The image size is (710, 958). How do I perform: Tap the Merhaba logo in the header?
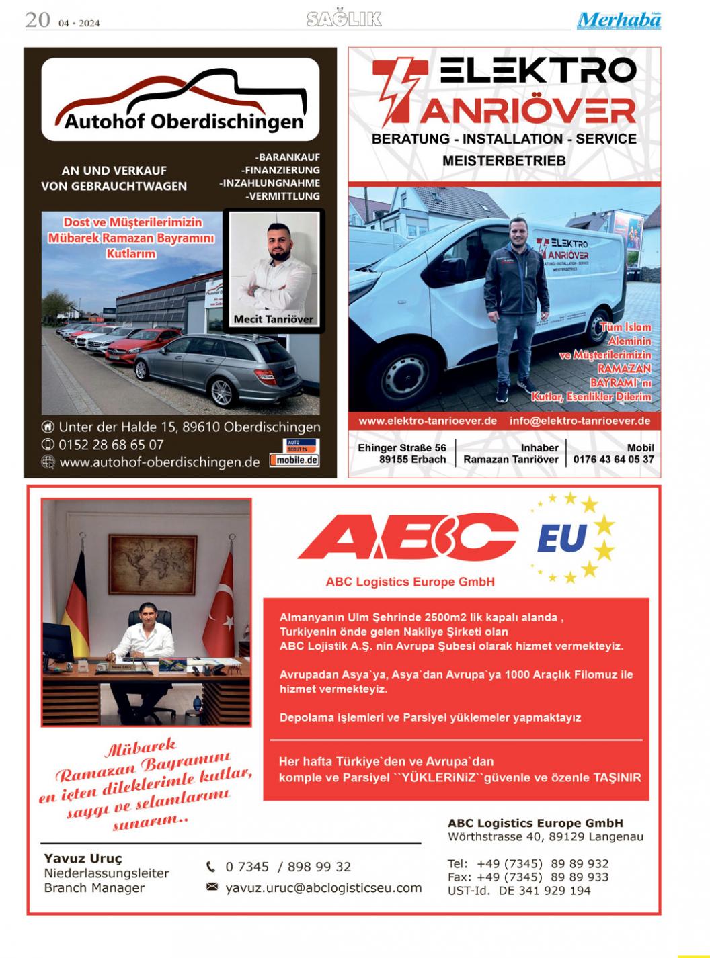point(618,21)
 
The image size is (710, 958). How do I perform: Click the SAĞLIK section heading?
point(344,19)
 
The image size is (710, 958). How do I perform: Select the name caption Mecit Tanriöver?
point(273,319)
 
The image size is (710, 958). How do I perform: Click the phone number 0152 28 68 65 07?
point(111,445)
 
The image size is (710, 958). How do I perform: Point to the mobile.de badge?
point(294,460)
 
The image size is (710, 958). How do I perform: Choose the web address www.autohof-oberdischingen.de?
point(159,462)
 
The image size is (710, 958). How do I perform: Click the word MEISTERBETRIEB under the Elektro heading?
point(504,161)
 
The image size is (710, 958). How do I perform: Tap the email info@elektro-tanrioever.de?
point(580,421)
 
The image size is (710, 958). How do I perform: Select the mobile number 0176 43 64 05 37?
point(613,460)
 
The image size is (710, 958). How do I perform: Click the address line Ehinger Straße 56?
point(402,447)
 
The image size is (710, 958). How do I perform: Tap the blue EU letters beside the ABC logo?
point(562,538)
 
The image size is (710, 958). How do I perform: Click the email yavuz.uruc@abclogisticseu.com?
point(323,888)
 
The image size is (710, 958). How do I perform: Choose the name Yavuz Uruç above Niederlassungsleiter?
point(83,859)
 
